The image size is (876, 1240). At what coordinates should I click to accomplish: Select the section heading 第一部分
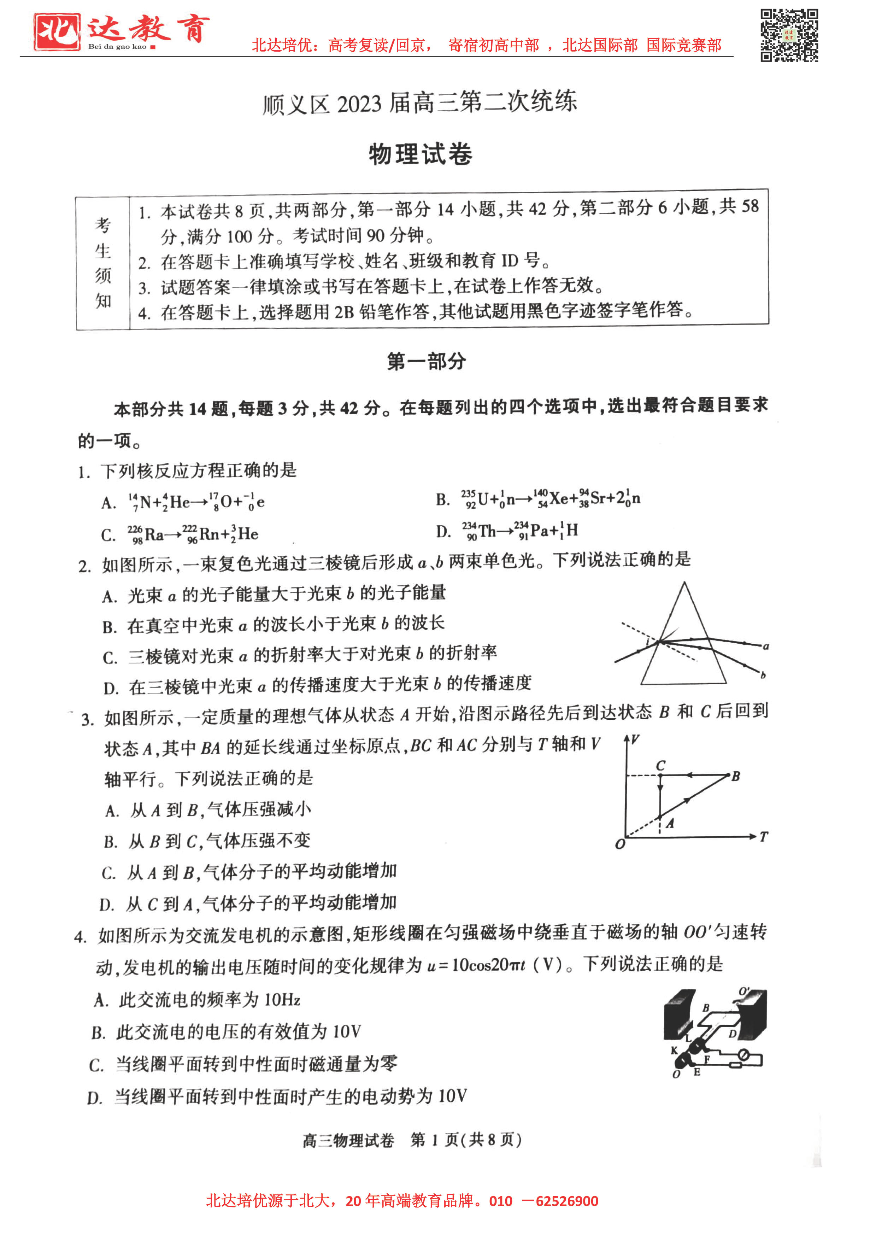click(426, 361)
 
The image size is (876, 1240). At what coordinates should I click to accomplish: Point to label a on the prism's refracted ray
click(766, 646)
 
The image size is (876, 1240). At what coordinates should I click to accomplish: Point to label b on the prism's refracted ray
click(763, 675)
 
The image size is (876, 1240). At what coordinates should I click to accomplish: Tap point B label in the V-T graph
click(735, 777)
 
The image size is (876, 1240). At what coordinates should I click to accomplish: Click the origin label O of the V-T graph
click(620, 844)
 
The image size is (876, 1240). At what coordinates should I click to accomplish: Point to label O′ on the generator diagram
click(744, 991)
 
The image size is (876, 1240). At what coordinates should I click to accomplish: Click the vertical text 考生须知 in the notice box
click(103, 263)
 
